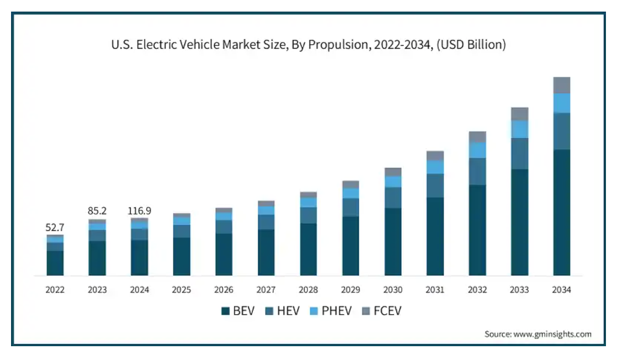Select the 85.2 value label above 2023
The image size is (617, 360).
tap(97, 210)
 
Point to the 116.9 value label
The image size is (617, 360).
tap(140, 210)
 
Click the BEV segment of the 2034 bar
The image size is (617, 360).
tap(561, 212)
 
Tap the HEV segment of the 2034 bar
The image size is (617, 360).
tap(561, 131)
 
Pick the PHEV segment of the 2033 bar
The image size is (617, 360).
tap(519, 129)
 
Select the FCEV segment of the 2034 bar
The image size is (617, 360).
tap(561, 85)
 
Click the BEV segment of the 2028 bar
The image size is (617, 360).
tap(308, 249)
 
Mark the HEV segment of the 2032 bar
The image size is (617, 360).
tap(477, 171)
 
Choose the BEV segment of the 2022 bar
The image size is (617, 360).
tap(55, 263)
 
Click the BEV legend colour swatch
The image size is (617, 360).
tap(225, 311)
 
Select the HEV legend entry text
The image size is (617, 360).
tap(288, 311)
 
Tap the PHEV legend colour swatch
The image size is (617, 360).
tap(313, 311)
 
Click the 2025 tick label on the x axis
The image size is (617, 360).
tap(182, 290)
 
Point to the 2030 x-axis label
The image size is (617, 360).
tap(393, 290)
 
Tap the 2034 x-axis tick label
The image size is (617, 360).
tap(561, 290)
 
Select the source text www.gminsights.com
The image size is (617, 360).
tap(554, 334)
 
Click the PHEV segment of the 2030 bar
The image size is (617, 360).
tap(393, 182)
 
